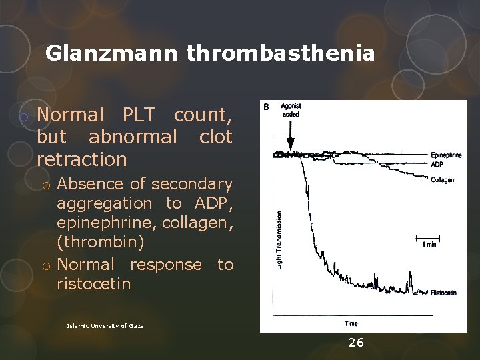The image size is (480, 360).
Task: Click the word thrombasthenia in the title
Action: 281,53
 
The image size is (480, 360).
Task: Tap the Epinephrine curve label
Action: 446,155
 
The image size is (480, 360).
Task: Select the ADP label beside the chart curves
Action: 437,163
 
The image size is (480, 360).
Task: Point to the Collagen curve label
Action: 443,179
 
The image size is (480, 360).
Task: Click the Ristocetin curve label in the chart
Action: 444,293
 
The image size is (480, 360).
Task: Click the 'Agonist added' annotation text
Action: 291,110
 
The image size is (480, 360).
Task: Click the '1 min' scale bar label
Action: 430,245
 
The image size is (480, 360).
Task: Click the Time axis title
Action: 351,323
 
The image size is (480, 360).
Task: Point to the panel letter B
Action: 266,107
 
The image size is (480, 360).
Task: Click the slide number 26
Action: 357,343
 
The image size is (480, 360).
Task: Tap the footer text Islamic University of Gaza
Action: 106,326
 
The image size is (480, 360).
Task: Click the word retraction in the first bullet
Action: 82,159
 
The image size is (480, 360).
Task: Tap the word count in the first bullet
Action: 203,115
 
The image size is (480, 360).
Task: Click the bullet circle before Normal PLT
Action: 23,117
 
